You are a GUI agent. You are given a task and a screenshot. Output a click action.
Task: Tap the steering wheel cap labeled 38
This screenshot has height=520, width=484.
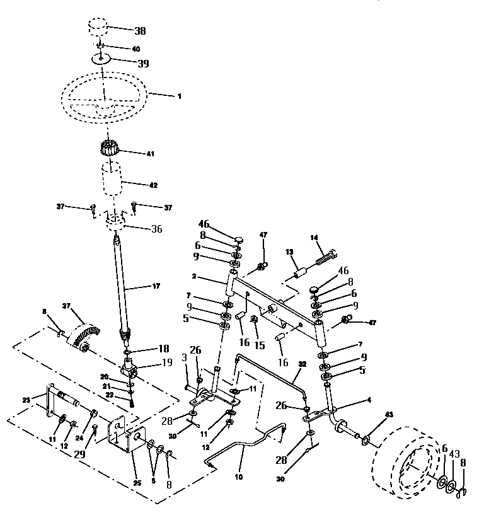coord(97,29)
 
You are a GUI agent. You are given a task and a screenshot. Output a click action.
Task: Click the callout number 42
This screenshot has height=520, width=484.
coord(153,185)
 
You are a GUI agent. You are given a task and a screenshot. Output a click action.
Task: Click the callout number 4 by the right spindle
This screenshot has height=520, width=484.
coord(369,399)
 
